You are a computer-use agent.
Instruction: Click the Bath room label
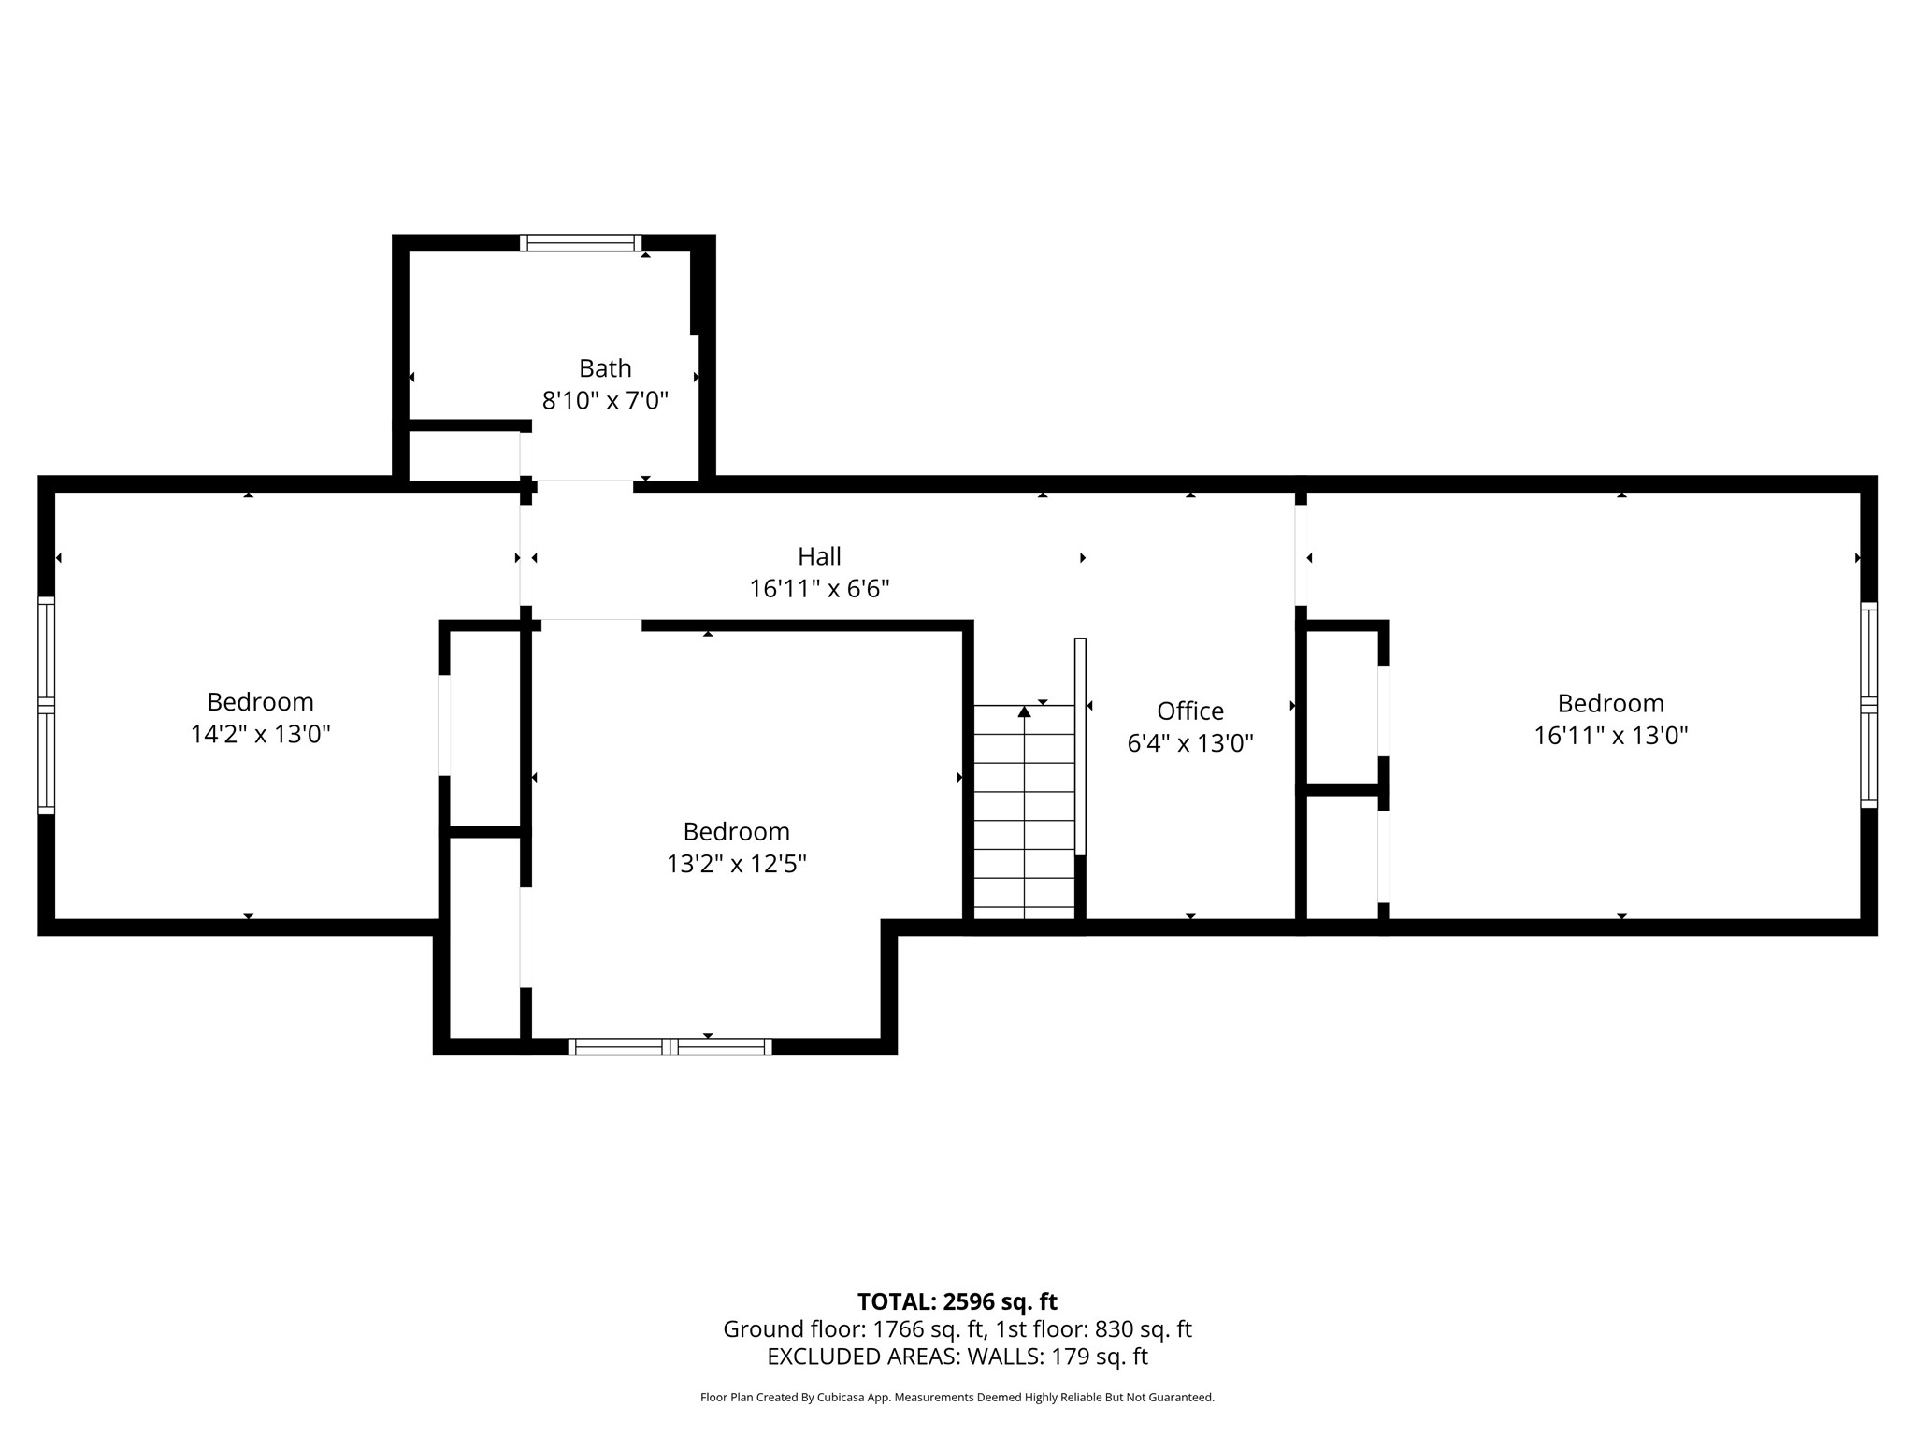[x=605, y=368]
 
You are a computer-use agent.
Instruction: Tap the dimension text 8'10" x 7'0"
[x=605, y=401]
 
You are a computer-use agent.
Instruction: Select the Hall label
[x=819, y=556]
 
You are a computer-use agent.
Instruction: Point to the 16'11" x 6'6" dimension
[x=819, y=589]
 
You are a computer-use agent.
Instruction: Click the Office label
[x=1189, y=711]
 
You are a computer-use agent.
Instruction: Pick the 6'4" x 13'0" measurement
[x=1189, y=744]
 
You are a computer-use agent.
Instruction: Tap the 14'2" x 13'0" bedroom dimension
[x=260, y=735]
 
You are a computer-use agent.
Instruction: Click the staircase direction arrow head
[x=1024, y=712]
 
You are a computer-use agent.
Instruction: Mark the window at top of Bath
[x=581, y=243]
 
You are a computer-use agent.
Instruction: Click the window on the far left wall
[x=46, y=705]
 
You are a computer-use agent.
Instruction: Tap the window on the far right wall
[x=1868, y=705]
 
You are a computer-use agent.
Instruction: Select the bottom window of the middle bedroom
[x=670, y=1046]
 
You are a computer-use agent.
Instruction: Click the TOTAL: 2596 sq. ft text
[x=957, y=1301]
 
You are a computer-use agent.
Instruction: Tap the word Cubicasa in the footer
[x=840, y=1398]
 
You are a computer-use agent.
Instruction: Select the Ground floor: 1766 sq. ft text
[x=853, y=1329]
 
